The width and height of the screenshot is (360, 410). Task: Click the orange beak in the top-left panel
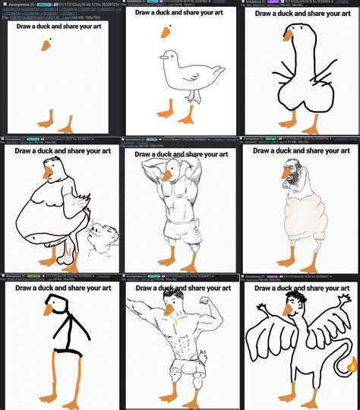(46, 46)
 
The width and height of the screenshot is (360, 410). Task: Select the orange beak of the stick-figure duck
(51, 311)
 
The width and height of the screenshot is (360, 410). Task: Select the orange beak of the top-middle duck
(166, 33)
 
